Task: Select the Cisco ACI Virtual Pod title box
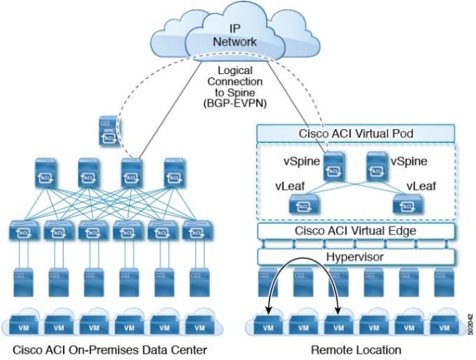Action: [x=357, y=133]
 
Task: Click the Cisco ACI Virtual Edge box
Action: [x=357, y=231]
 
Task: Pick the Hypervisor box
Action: [x=357, y=256]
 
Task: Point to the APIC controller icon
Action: [x=108, y=133]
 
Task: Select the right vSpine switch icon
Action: [x=376, y=165]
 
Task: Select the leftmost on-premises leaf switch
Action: [x=24, y=231]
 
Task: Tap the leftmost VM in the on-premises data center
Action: [x=24, y=325]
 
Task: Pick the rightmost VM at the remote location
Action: [x=440, y=325]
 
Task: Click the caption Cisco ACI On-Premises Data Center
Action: [x=103, y=350]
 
